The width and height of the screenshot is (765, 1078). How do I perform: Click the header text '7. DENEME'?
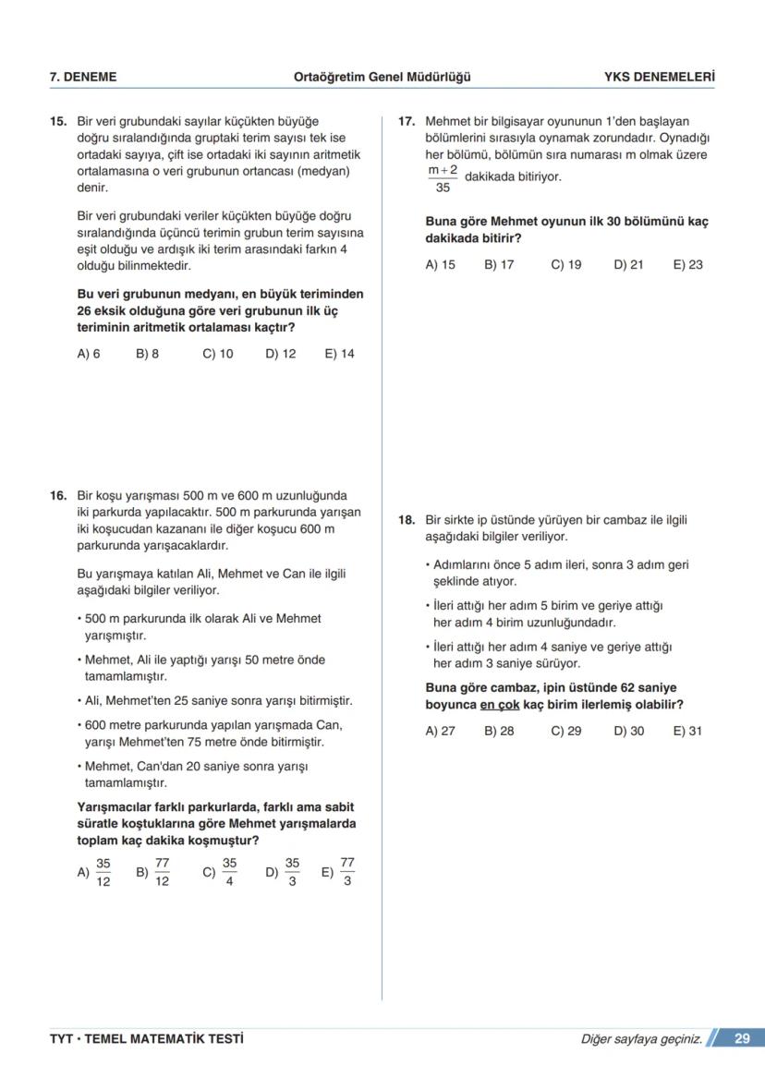click(82, 78)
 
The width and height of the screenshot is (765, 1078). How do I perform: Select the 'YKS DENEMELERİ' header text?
click(659, 78)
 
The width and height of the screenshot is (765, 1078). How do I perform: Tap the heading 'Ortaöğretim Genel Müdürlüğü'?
click(382, 78)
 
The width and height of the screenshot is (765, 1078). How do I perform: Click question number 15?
click(58, 121)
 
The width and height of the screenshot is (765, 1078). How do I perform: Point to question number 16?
click(58, 496)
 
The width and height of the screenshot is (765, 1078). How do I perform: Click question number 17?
click(406, 121)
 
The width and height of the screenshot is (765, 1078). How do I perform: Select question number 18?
click(406, 520)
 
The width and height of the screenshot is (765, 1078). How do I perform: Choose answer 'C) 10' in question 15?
click(217, 354)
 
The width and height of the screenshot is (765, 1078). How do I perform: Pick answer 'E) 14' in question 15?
click(339, 354)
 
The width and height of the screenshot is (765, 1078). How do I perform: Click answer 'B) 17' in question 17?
click(499, 265)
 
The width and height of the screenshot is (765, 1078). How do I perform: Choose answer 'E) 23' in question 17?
click(687, 265)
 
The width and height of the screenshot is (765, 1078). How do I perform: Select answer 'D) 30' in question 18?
click(628, 731)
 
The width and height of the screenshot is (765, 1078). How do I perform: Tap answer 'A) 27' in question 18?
click(440, 731)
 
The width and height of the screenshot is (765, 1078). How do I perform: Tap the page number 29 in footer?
click(742, 1039)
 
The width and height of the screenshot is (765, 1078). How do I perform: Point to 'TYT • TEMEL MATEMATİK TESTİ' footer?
click(146, 1039)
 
